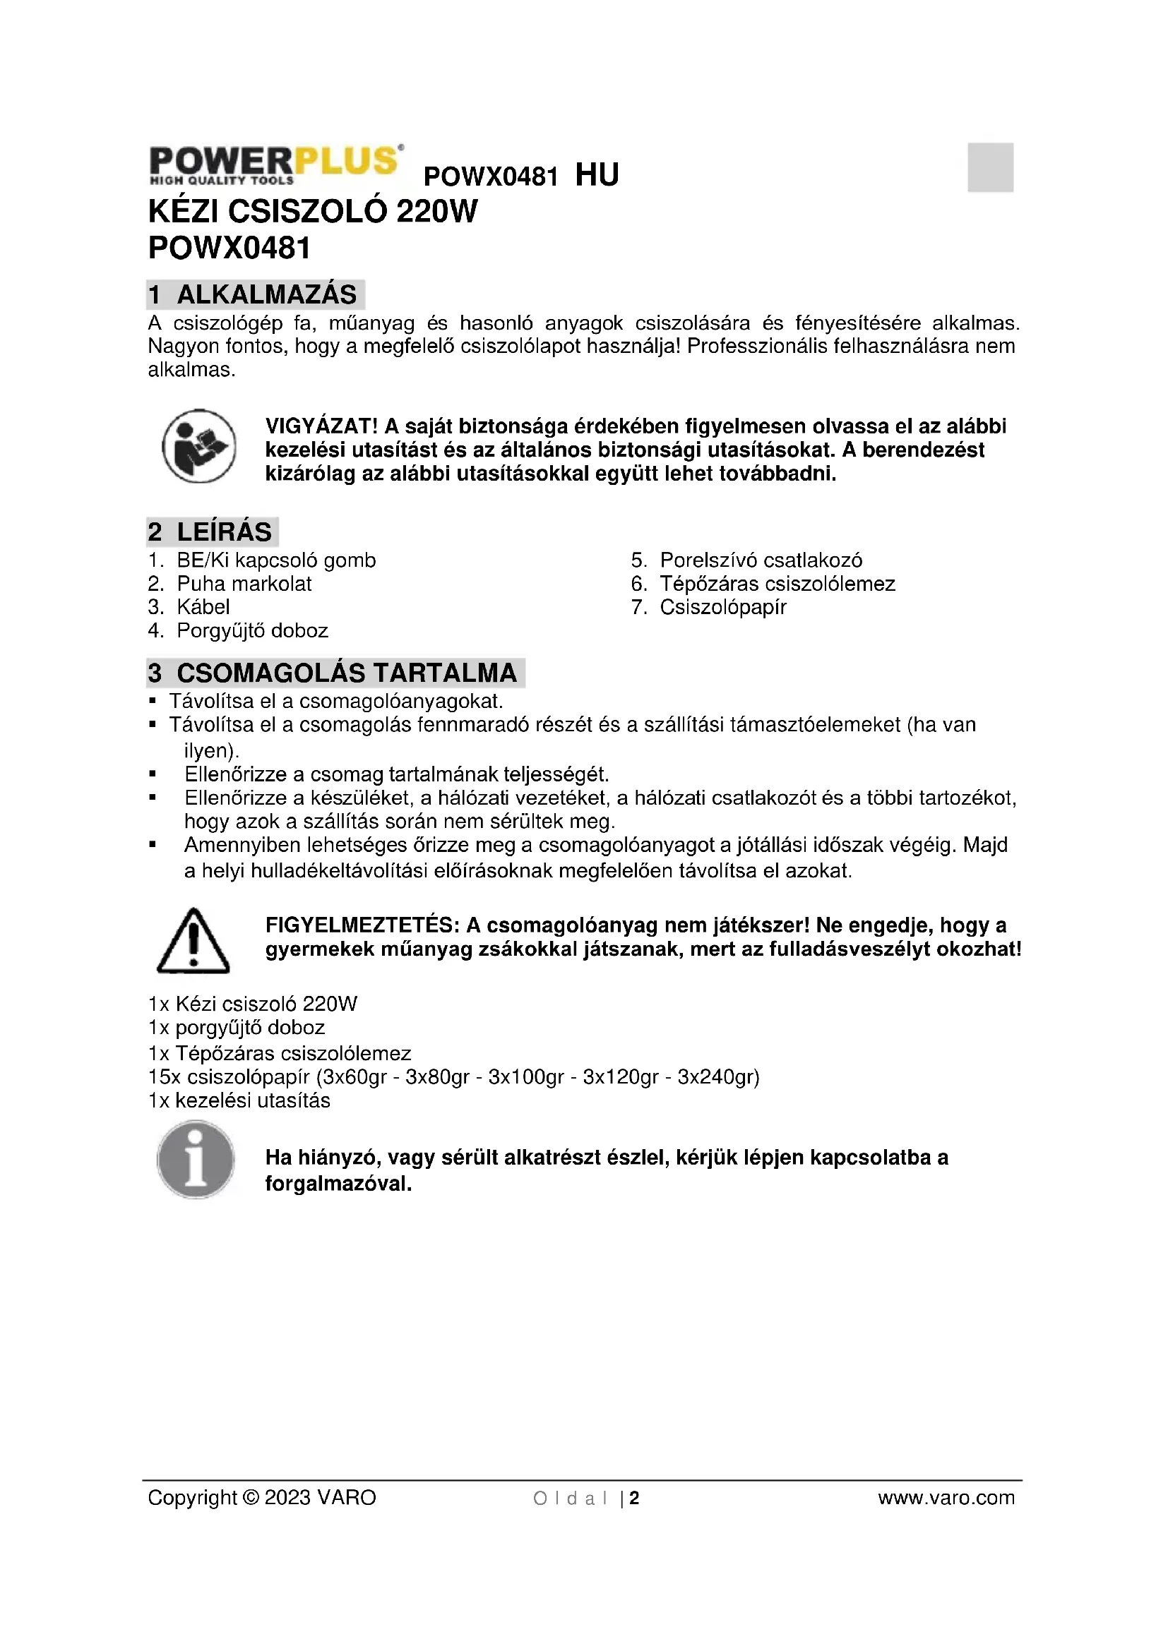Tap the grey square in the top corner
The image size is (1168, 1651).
point(989,167)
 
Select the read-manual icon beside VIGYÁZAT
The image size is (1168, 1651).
point(198,447)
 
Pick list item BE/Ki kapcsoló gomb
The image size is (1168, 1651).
point(276,560)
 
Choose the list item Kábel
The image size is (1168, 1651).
point(203,607)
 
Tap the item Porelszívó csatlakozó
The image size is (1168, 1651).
point(761,560)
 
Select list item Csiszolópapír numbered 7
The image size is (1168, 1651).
point(723,607)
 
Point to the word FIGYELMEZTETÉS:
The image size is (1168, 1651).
point(362,925)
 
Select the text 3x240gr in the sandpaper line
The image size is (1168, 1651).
point(718,1076)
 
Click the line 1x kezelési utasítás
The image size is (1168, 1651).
point(239,1100)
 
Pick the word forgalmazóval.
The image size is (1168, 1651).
point(338,1184)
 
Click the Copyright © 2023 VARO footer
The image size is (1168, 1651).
point(262,1498)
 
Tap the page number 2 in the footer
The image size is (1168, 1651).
point(634,1499)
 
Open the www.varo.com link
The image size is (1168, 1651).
point(946,1498)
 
